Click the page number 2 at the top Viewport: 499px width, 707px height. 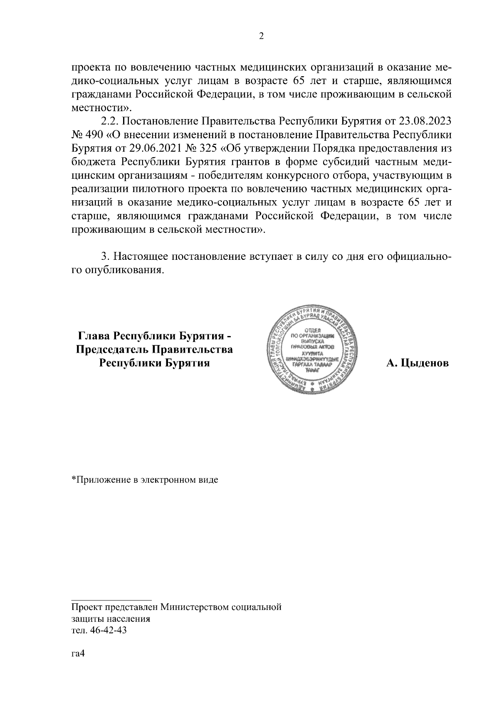(x=261, y=36)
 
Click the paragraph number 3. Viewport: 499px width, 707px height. (x=106, y=256)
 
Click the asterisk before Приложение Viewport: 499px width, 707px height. (x=73, y=479)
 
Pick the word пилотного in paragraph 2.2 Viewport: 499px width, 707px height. (x=154, y=189)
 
